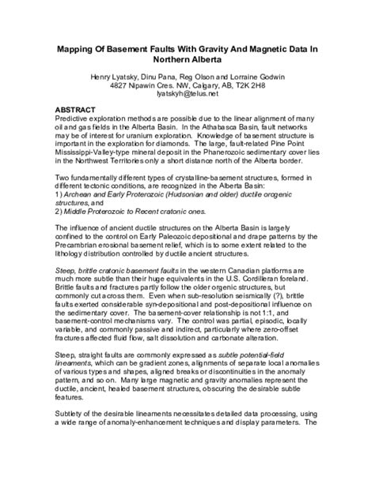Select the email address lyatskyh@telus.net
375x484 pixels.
point(187,95)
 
